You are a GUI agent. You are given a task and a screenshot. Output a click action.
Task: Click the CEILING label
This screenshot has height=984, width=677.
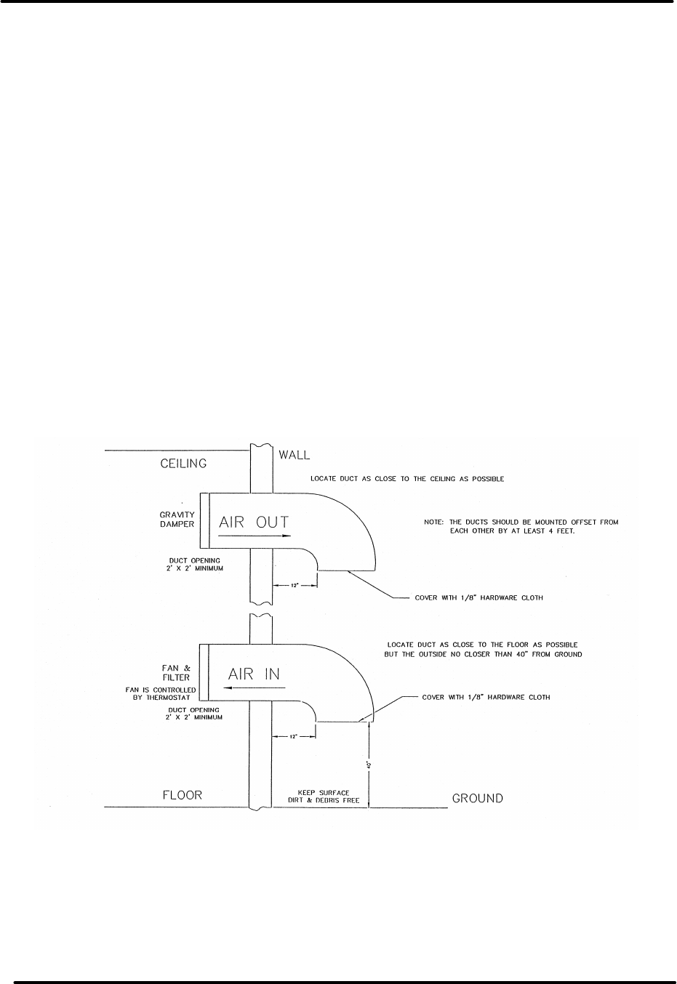click(x=183, y=463)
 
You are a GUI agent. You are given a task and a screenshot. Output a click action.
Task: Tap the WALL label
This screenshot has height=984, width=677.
click(x=295, y=455)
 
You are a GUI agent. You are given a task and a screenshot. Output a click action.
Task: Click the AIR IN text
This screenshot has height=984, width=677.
click(x=254, y=674)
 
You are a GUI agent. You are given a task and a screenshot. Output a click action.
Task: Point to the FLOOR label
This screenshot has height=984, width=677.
click(x=181, y=795)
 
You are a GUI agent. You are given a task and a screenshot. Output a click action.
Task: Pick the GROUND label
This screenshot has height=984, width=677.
click(x=477, y=798)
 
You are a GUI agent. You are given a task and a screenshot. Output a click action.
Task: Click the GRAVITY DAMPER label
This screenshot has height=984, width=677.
click(x=178, y=519)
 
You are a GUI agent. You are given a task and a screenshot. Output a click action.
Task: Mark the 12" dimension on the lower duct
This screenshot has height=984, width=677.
click(x=294, y=736)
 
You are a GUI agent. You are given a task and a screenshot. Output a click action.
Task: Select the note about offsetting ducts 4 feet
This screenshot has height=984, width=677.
click(x=521, y=525)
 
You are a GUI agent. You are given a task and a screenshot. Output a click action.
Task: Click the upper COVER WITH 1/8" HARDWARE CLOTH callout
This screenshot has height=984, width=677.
click(x=478, y=598)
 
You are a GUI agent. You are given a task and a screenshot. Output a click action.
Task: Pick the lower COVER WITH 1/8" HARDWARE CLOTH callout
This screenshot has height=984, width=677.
click(x=486, y=697)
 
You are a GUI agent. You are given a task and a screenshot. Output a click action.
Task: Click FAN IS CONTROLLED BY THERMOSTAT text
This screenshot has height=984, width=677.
click(x=158, y=693)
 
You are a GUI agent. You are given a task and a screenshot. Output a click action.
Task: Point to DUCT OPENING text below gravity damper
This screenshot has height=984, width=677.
click(x=196, y=564)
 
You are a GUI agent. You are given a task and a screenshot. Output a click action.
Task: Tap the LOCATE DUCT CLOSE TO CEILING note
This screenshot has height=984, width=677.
click(x=407, y=480)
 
